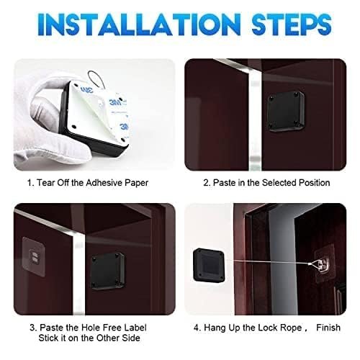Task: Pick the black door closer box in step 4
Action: pos(215,268)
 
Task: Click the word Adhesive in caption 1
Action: pos(105,183)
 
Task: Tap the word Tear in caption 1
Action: pos(45,183)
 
